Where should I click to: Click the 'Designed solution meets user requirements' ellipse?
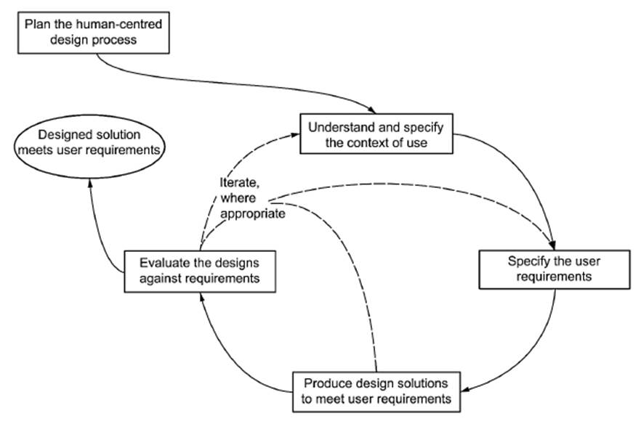pos(89,142)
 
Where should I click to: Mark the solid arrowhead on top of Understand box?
pos(377,109)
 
